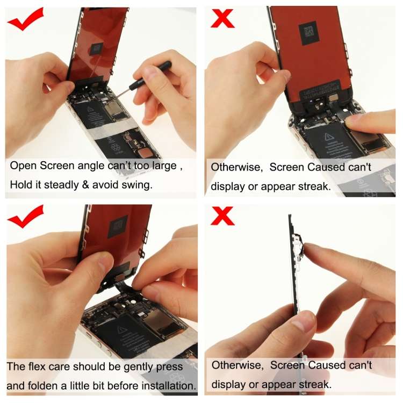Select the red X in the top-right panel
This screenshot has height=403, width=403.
click(x=221, y=18)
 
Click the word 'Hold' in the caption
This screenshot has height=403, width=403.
click(x=21, y=185)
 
